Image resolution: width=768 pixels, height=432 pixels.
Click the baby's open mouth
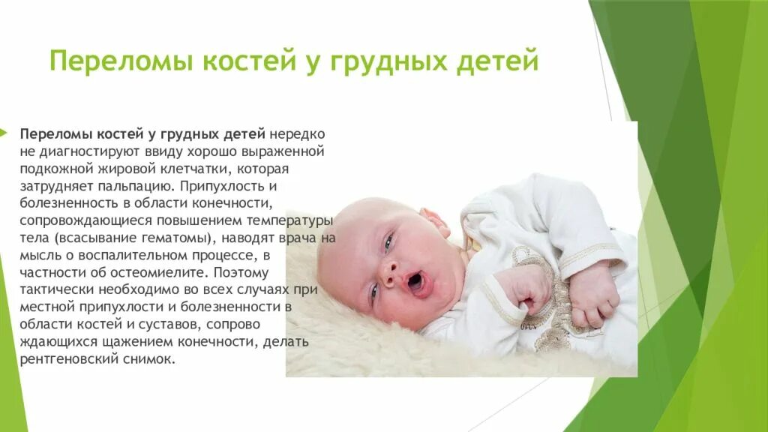(x=414, y=282)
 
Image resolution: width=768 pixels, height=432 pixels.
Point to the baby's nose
(x=391, y=271)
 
